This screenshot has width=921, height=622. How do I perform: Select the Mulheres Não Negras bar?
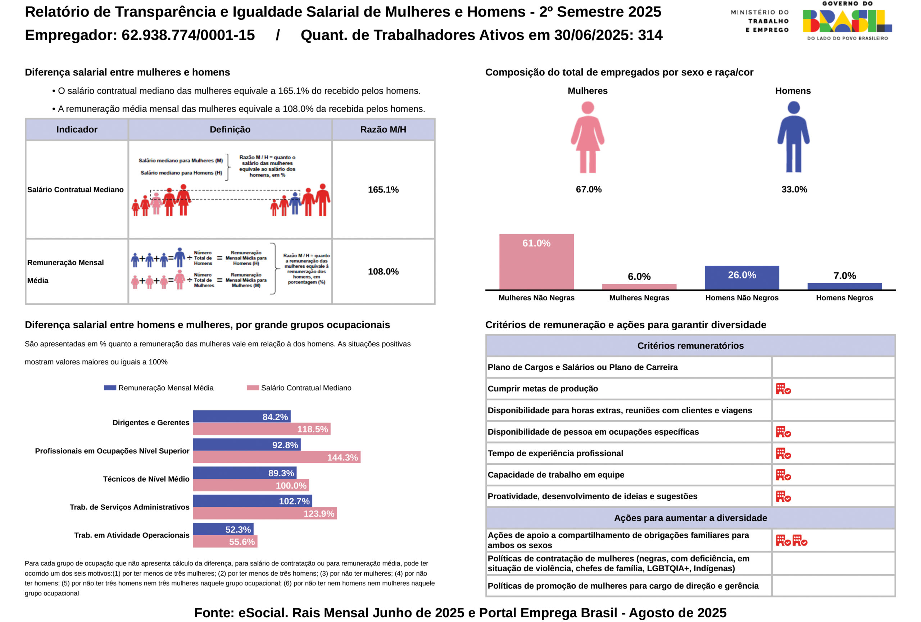coord(536,262)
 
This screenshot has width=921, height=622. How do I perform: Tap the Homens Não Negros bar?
coord(741,278)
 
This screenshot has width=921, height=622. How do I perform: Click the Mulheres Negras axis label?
coord(639,298)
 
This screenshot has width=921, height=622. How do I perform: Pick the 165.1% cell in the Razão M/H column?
coord(383,190)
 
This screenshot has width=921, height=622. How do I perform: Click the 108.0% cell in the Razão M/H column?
coord(383,272)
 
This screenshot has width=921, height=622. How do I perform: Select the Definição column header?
coord(230,130)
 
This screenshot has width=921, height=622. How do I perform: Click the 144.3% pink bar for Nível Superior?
coord(276,457)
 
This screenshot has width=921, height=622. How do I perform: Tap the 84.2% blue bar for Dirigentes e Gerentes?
coord(241,416)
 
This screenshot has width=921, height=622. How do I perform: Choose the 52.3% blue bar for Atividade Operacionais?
coord(223,529)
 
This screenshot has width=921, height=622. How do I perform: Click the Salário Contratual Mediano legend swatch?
coord(253,388)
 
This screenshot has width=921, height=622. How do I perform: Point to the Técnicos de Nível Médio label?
coord(146,479)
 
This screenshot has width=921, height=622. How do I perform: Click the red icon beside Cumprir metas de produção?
coord(783,389)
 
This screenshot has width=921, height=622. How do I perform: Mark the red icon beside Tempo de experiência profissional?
coord(783,454)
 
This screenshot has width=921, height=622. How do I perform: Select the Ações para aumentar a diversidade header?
coord(690,518)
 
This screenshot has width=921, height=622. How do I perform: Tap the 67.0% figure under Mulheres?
coord(589,189)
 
